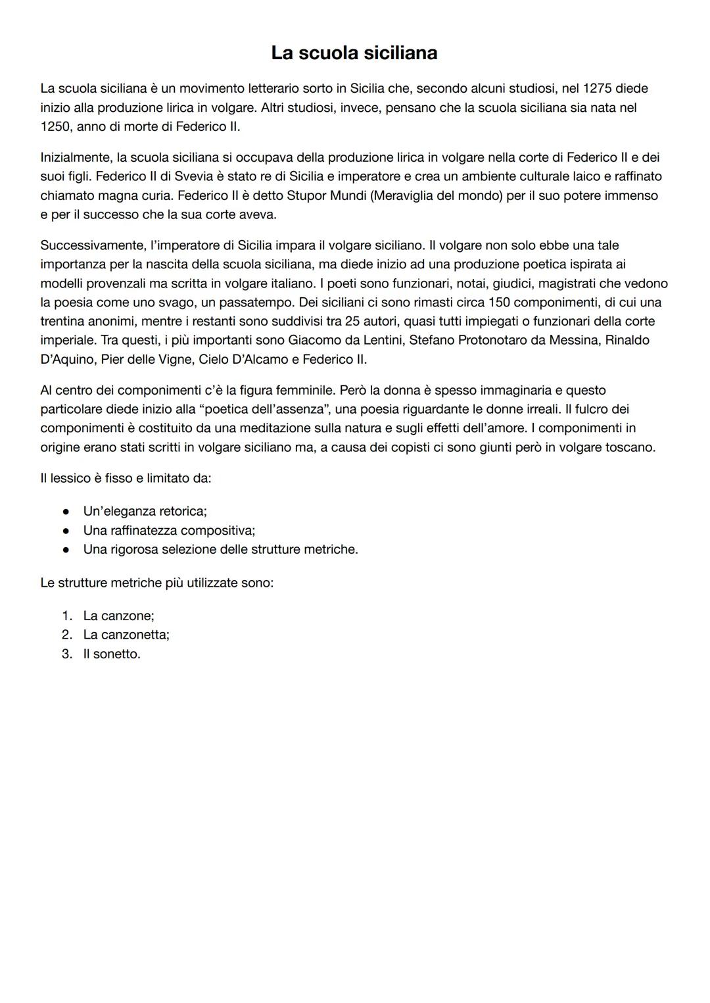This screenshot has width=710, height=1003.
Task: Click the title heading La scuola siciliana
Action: coord(354,53)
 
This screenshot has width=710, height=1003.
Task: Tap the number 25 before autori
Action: coord(352,322)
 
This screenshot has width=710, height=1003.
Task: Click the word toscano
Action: coord(631,447)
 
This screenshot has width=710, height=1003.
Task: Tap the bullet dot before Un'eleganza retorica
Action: coord(66,511)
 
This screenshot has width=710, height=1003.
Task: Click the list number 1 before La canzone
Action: coord(66,616)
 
